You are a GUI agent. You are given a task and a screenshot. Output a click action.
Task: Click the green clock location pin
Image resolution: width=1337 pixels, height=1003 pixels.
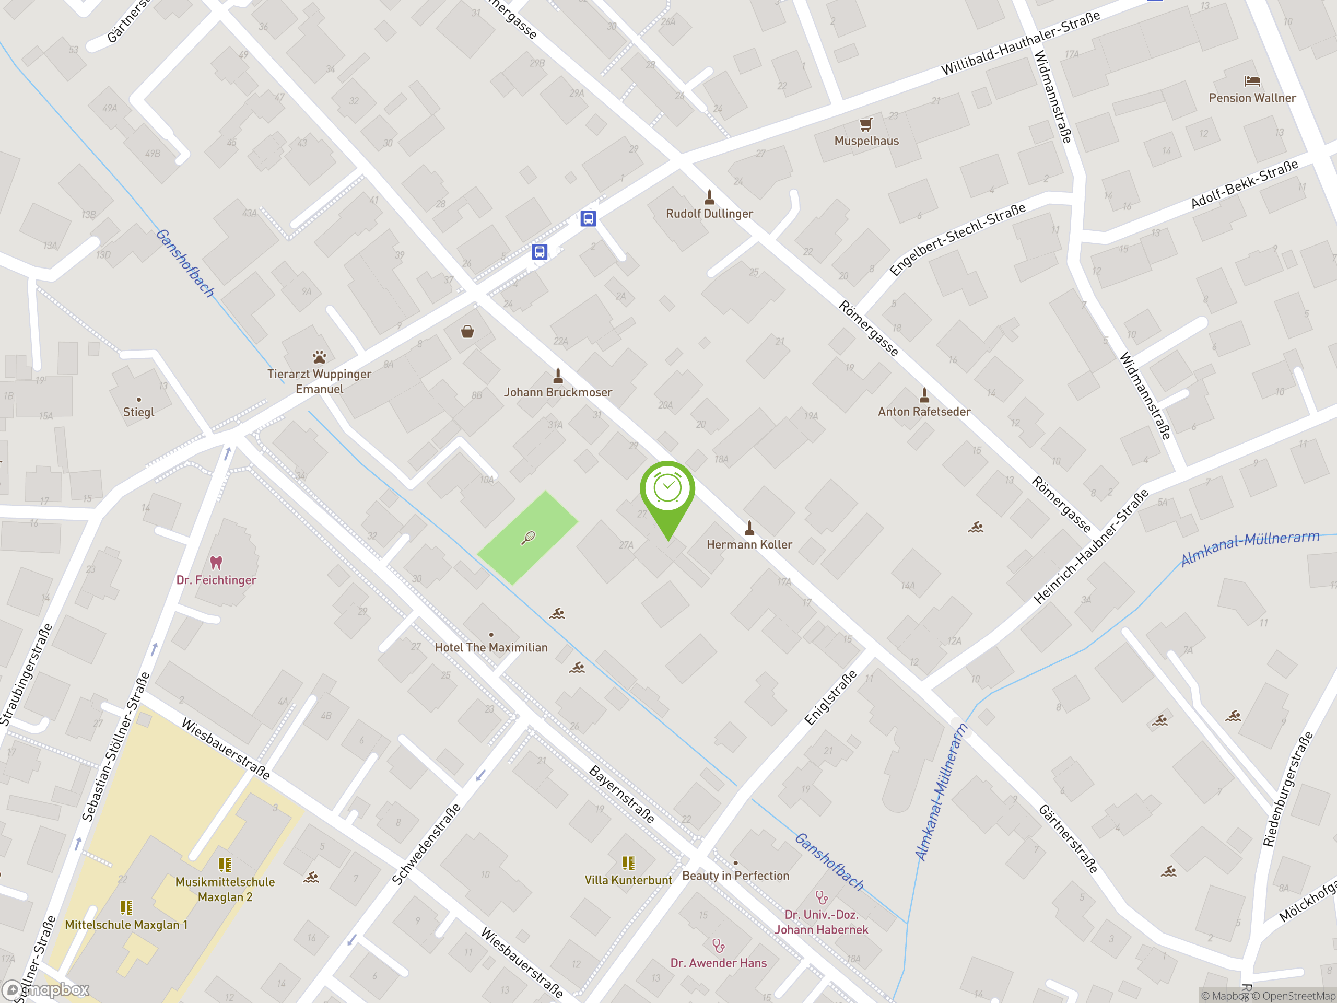click(667, 489)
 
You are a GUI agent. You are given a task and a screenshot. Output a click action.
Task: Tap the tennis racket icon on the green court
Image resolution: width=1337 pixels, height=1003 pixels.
click(529, 537)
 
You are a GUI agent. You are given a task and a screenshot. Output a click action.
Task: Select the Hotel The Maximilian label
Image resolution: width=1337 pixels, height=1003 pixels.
click(491, 647)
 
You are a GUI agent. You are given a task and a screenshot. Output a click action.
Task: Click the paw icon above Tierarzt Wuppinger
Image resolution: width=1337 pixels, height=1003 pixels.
click(319, 357)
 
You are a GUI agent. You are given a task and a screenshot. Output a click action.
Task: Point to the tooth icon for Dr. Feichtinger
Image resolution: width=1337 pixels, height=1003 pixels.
click(216, 563)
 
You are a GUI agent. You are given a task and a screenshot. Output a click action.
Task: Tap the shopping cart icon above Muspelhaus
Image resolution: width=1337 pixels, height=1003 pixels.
click(866, 124)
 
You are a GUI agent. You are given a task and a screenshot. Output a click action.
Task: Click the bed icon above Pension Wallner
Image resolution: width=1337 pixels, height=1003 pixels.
click(1252, 81)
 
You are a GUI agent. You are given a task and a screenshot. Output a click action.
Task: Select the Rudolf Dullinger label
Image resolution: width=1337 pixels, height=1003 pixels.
click(709, 214)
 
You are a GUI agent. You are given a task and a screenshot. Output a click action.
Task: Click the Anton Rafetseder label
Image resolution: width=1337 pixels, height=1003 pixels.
click(923, 412)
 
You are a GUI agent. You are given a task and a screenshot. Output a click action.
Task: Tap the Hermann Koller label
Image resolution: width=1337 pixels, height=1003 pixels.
click(749, 545)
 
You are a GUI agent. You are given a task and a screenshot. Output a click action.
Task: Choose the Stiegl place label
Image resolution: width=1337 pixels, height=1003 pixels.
click(138, 412)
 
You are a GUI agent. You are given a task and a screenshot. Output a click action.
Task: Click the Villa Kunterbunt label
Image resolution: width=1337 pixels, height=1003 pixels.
click(628, 880)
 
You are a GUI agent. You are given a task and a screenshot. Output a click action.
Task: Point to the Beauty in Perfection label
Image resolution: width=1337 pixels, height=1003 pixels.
click(735, 876)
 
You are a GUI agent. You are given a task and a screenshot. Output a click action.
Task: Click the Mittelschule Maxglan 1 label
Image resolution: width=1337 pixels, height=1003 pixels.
click(126, 925)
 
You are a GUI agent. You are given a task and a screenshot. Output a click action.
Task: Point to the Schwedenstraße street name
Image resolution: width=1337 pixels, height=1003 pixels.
click(426, 844)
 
